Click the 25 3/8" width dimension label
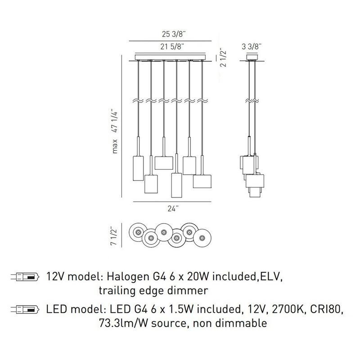coord(174,34)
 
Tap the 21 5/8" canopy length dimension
coord(172,47)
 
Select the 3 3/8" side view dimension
coord(252,47)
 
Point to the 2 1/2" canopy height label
coord(223,58)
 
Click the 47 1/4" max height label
coord(115,121)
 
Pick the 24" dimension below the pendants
coord(173,209)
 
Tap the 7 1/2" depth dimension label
coord(114,237)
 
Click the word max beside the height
coord(115,146)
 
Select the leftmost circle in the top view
coord(138,232)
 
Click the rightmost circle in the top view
coord(202,238)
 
